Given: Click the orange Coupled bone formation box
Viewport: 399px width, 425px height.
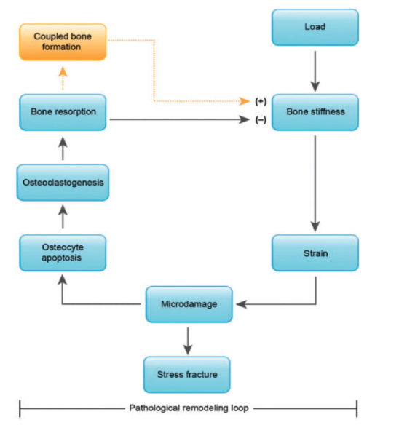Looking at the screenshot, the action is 63,42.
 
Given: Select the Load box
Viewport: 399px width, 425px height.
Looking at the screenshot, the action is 315,27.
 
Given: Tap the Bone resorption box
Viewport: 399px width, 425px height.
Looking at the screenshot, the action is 63,112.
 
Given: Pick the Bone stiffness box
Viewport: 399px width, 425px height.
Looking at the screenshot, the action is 315,112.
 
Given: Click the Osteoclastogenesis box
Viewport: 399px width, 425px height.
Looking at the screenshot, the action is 63,183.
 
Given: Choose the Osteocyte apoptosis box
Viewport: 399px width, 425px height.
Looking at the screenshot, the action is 63,253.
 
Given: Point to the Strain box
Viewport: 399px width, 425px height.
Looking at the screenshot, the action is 315,253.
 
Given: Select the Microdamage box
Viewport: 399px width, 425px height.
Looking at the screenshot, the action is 189,304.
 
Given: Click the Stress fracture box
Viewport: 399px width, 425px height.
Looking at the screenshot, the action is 187,375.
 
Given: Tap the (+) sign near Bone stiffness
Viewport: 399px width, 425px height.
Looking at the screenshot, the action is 261,101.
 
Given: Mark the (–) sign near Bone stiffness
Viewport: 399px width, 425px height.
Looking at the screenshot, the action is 261,119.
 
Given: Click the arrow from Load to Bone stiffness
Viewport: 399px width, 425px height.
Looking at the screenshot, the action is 315,71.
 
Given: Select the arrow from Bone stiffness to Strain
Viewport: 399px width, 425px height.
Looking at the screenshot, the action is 315,183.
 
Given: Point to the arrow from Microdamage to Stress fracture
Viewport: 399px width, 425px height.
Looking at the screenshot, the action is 188,341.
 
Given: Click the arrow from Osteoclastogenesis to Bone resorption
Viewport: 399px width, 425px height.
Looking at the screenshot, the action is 63,148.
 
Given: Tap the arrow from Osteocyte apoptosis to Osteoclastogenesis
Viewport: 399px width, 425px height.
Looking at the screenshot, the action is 63,217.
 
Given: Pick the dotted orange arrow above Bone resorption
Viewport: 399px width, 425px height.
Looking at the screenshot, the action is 63,78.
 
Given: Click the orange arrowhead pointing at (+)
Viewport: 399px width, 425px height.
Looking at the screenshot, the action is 245,101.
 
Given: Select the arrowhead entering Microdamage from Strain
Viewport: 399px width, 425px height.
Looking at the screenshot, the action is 242,304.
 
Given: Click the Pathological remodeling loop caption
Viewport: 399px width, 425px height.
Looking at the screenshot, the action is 189,408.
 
